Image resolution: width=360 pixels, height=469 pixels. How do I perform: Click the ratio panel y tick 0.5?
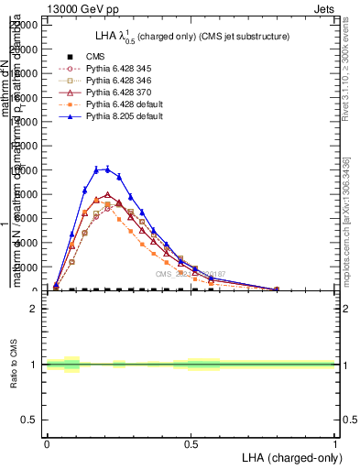pos(30,420)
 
